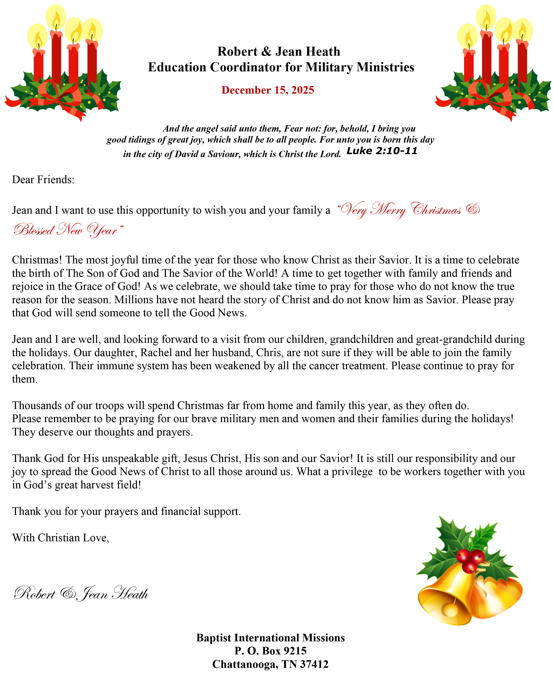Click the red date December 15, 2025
click(268, 90)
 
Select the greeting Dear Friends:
click(43, 180)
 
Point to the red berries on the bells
click(470, 560)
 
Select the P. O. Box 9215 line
click(270, 651)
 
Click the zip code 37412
click(314, 664)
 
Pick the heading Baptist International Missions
click(270, 638)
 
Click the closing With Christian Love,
click(60, 538)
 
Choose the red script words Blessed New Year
click(68, 230)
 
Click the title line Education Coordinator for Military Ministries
click(281, 67)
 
